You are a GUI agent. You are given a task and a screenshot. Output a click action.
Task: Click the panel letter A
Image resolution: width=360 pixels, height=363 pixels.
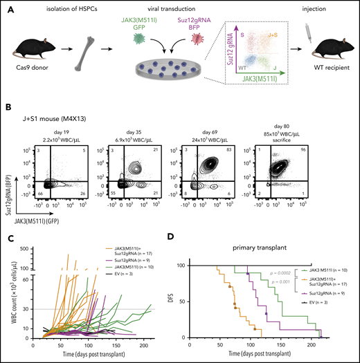(x=6, y=6)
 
